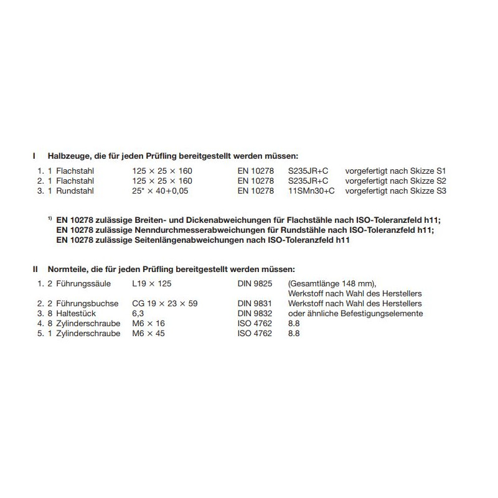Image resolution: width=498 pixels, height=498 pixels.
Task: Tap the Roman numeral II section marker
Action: (35, 269)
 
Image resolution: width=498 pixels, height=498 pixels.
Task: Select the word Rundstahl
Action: (75, 191)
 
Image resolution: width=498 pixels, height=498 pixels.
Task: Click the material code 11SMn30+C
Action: (311, 191)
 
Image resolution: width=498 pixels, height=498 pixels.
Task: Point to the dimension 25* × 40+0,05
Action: (160, 191)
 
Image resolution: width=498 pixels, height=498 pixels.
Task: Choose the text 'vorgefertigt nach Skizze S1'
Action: (396, 170)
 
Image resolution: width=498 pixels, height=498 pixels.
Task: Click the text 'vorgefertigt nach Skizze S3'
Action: (396, 191)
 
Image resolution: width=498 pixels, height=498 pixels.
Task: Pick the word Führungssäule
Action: (83, 283)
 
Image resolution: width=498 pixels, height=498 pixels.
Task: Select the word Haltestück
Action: (77, 314)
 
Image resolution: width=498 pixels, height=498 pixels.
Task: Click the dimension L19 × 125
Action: (153, 283)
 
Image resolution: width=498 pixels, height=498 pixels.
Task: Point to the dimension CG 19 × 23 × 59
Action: (165, 304)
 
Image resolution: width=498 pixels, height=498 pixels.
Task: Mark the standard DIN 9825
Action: (256, 283)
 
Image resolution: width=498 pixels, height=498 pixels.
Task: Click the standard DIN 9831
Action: (256, 304)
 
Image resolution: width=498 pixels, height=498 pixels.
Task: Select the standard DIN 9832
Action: (256, 314)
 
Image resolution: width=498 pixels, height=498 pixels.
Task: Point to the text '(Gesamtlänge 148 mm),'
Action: (332, 283)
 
